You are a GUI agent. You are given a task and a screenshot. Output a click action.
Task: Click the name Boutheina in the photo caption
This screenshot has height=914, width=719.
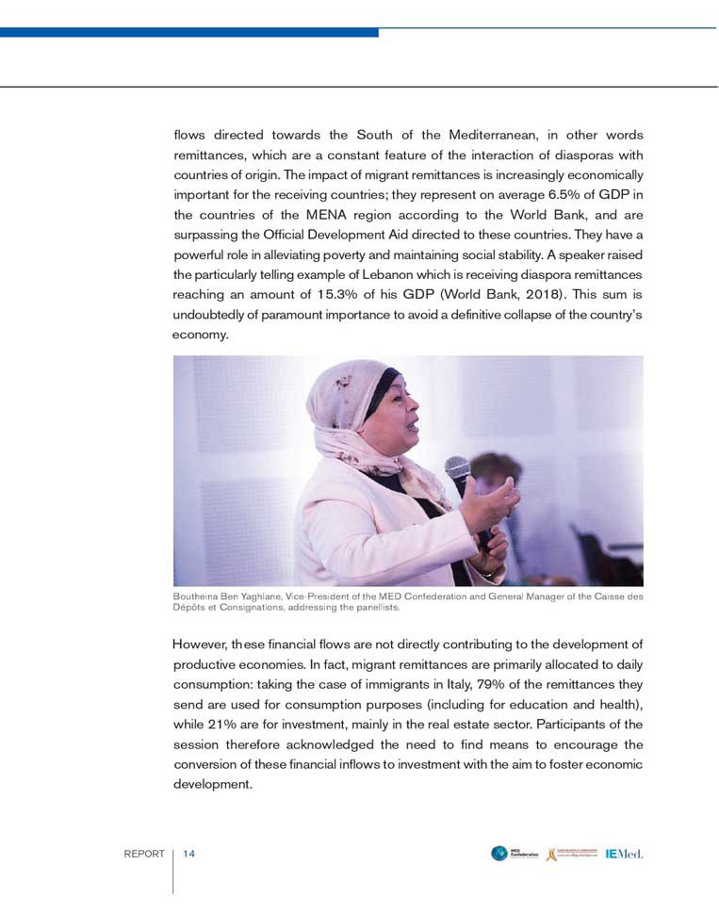(197, 597)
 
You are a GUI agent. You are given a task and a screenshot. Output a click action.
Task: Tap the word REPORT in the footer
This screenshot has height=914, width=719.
(144, 855)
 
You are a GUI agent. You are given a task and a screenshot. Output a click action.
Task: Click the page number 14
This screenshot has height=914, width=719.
(188, 855)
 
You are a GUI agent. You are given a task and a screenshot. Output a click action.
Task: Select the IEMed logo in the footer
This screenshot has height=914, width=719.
(624, 854)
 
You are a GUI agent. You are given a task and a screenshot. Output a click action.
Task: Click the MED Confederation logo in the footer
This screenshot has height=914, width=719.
(515, 854)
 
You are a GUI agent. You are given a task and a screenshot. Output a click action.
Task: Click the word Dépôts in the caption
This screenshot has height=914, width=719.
(190, 608)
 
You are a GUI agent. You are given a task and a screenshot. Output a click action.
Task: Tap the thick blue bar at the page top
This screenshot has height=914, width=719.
(188, 32)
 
